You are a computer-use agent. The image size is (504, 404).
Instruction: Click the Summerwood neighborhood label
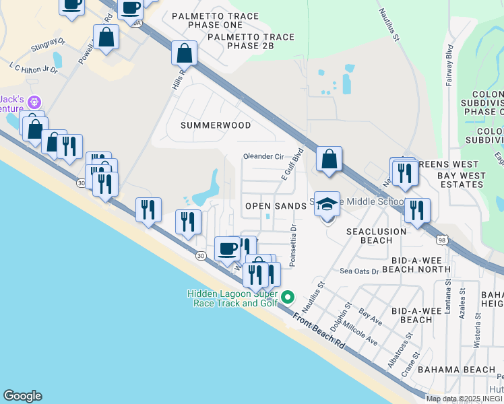coord(216,125)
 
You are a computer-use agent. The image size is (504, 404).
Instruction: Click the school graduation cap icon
coord(327,204)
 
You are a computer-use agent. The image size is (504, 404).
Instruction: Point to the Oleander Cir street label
coord(263,156)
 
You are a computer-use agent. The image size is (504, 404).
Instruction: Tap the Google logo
coord(22,396)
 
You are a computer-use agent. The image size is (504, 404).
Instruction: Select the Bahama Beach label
coord(456,370)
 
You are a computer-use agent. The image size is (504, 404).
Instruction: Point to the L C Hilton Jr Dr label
coord(33,68)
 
